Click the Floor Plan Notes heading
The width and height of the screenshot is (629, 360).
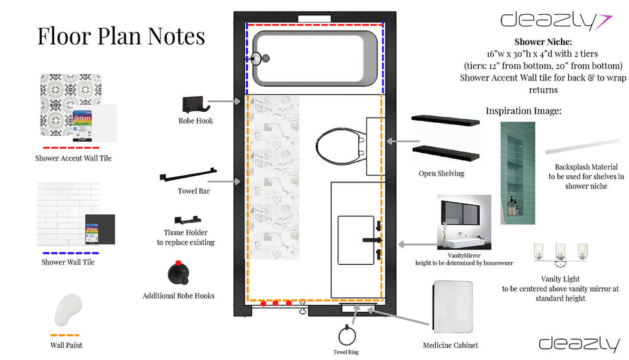(x=121, y=36)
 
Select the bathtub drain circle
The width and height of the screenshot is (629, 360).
(x=266, y=59)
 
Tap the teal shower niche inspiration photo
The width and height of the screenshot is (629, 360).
(x=517, y=164)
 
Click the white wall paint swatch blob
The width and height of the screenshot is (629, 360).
(x=68, y=311)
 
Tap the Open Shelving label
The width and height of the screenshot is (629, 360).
(x=441, y=173)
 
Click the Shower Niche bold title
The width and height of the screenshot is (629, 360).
(x=543, y=42)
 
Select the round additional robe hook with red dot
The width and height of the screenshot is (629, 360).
(x=178, y=272)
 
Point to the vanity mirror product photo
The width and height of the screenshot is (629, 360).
(x=464, y=221)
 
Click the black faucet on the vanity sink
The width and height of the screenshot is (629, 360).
(x=373, y=240)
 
